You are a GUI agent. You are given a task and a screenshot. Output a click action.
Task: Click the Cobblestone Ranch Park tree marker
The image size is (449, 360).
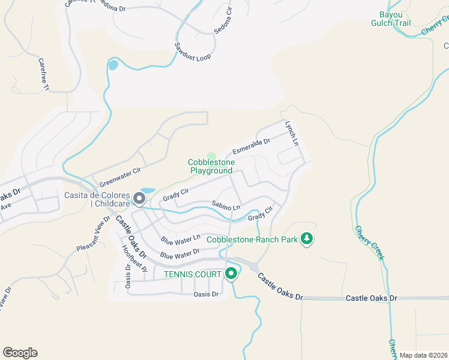(307, 239)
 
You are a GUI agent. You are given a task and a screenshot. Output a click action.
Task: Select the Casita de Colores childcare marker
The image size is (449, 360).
(140, 198)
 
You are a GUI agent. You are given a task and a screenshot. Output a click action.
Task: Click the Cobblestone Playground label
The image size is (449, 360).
(211, 166)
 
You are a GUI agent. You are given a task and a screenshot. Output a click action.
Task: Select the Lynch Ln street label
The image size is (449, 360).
(291, 134)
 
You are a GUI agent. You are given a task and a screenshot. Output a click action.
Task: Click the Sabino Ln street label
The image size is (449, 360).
(225, 206)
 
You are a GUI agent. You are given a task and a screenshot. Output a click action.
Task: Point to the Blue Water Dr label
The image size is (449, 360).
(179, 255)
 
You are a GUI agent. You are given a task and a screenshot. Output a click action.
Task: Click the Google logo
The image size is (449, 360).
(20, 353)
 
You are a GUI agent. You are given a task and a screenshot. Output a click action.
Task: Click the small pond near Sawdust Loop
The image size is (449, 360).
(113, 65)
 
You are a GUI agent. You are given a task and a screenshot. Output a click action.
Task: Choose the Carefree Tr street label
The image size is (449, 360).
(43, 74)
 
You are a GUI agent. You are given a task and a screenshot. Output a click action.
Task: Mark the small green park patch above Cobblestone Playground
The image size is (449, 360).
(211, 156)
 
